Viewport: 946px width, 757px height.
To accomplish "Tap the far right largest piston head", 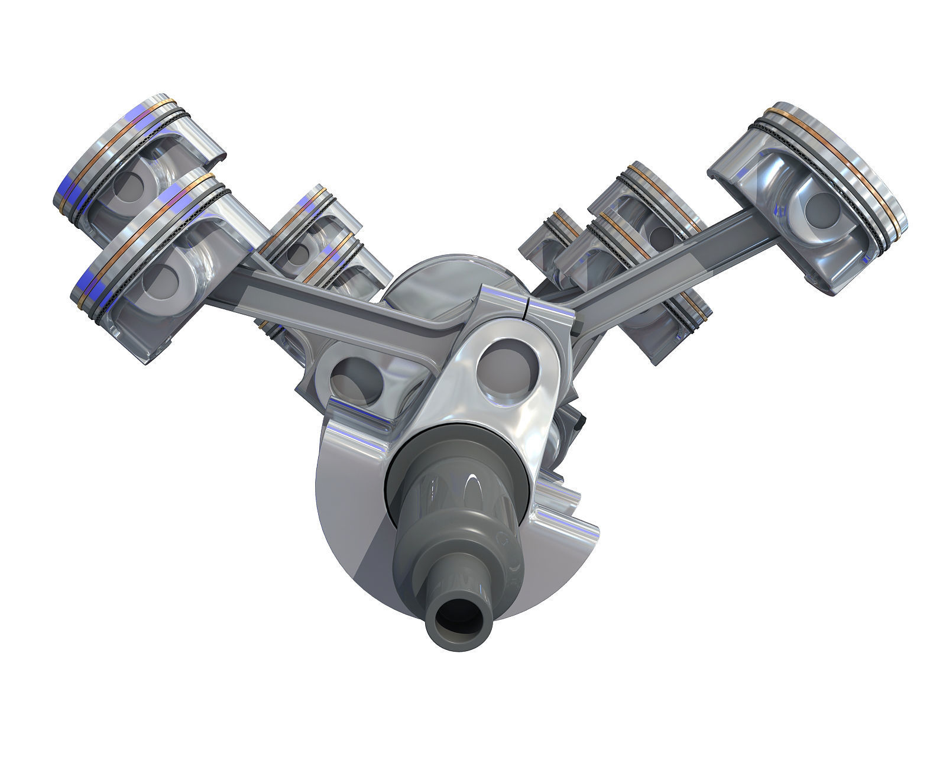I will coord(810,195).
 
